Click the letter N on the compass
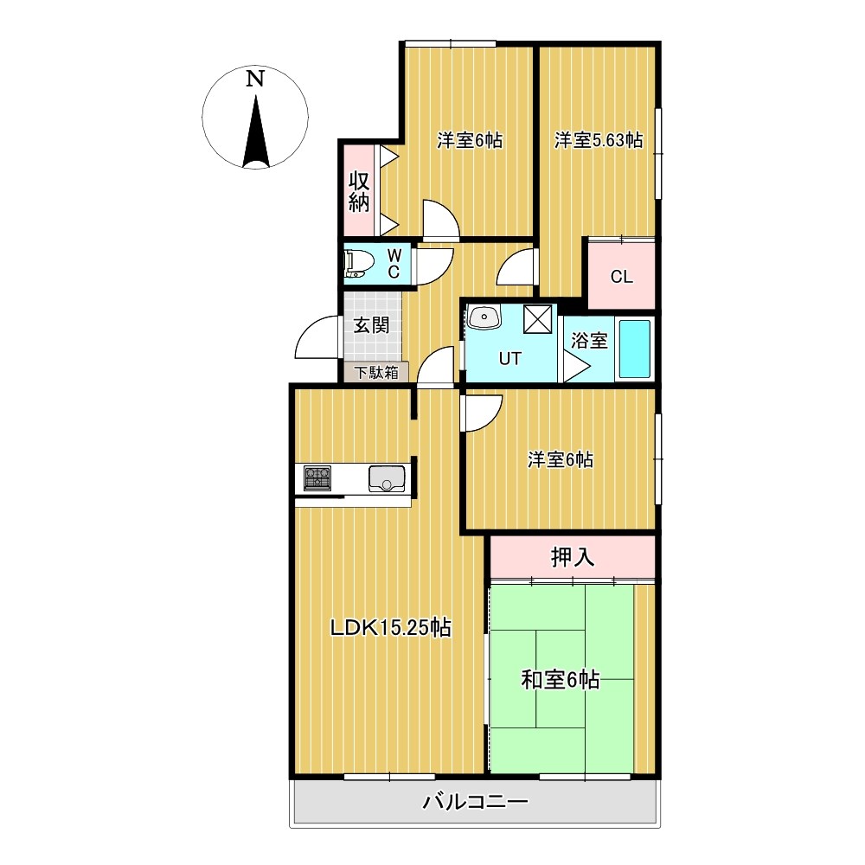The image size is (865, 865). click(x=254, y=79)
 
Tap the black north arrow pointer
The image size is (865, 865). click(x=255, y=131)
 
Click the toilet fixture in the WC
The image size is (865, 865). click(x=356, y=264)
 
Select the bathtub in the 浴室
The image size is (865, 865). click(x=634, y=349)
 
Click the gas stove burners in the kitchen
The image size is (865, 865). click(x=317, y=477)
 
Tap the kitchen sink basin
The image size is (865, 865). click(x=387, y=478)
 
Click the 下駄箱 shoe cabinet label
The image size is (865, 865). click(x=376, y=372)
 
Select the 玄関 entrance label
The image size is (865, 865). click(x=371, y=325)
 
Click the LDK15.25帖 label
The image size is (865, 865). click(x=391, y=627)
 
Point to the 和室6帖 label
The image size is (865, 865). click(x=561, y=680)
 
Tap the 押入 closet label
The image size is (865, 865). click(x=573, y=558)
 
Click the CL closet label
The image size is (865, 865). click(x=622, y=277)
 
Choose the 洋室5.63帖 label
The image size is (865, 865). click(x=599, y=140)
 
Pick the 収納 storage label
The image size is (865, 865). click(x=359, y=191)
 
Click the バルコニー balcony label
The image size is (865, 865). click(x=475, y=802)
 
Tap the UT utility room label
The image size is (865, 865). click(x=509, y=359)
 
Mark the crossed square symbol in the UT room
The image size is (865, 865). click(x=538, y=319)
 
